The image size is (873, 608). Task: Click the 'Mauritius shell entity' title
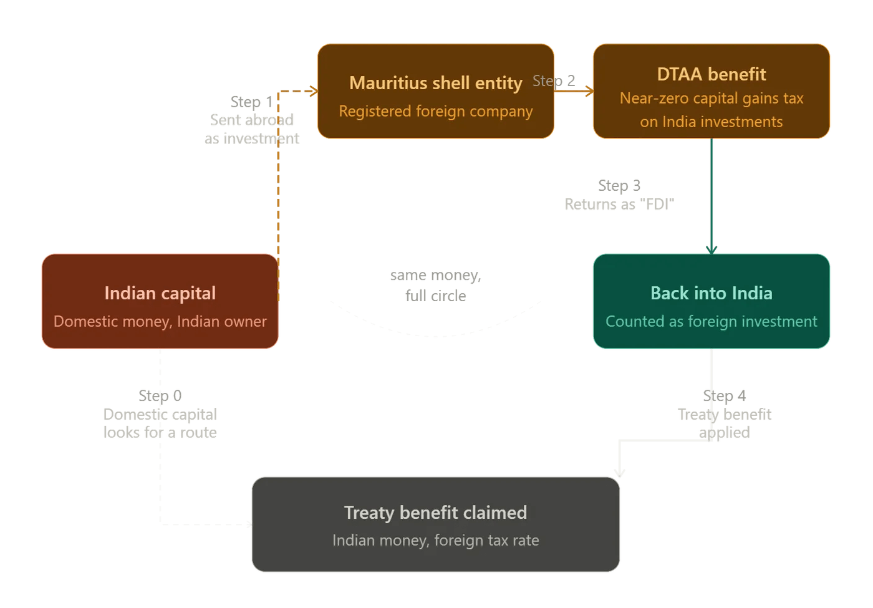435,83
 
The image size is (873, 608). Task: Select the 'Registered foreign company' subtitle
435,111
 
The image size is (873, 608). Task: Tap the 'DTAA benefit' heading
711,74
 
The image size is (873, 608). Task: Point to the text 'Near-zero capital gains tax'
711,99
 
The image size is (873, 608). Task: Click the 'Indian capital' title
160,293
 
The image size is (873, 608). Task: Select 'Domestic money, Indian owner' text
160,321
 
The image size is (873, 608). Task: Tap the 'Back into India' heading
711,293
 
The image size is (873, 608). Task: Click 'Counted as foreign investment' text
711,321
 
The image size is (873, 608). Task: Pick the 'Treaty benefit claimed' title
435,513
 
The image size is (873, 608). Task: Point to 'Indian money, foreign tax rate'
435,540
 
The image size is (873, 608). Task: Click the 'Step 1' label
251,102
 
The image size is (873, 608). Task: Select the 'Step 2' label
554,80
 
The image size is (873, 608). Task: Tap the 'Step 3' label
619,185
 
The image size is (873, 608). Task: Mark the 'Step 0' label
160,395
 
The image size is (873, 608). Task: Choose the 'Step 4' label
724,395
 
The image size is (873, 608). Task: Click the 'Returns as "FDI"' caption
619,204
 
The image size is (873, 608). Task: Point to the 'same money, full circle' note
435,285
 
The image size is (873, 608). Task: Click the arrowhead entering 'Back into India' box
711,249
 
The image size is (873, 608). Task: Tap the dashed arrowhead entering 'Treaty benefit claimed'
249,524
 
